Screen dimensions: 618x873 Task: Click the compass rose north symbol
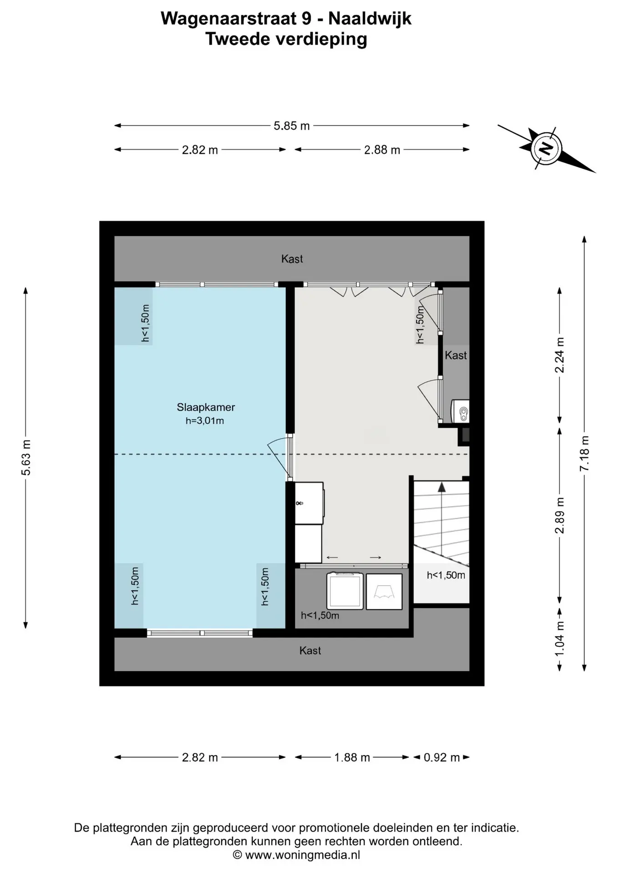point(546,148)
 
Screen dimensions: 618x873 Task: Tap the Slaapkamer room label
point(206,407)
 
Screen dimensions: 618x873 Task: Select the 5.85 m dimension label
point(292,126)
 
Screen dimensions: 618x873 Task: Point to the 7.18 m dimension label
point(585,453)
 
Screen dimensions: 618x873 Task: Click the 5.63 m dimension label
point(26,458)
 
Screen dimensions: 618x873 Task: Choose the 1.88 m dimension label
point(352,758)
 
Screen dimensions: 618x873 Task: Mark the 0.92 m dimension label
point(442,758)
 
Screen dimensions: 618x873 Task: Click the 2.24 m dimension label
point(560,355)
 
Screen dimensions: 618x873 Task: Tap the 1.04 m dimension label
point(560,639)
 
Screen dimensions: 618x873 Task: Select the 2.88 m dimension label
point(382,150)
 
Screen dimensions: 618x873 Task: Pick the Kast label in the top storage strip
point(292,259)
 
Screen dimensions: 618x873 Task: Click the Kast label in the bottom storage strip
point(310,651)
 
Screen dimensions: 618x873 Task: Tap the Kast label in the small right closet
point(456,355)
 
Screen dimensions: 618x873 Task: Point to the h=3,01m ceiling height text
point(205,421)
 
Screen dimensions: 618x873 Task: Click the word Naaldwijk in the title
point(370,18)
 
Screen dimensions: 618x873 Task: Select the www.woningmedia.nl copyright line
point(297,855)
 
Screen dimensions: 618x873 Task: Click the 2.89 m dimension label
point(560,515)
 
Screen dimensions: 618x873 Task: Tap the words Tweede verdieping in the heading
point(286,40)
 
